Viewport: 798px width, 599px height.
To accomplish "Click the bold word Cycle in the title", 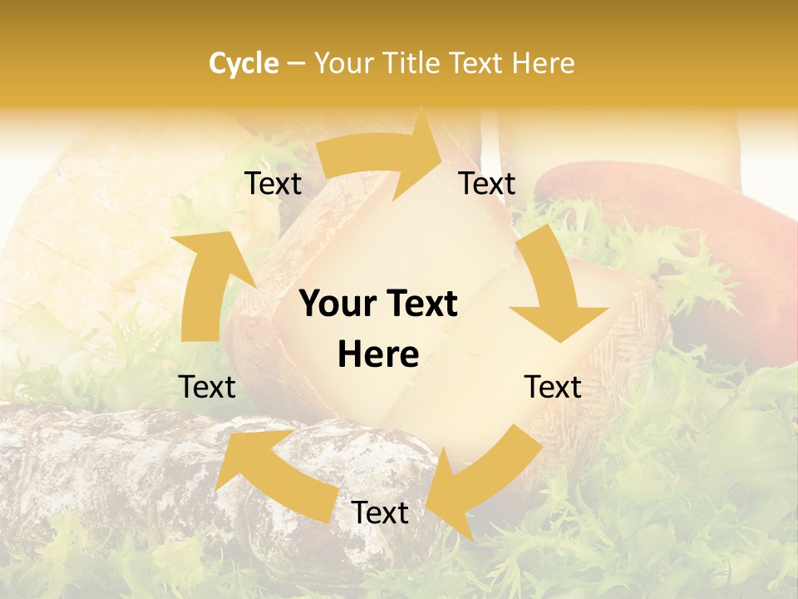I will (244, 63).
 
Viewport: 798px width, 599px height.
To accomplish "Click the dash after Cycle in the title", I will (296, 64).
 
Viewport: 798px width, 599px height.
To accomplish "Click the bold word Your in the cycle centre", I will (340, 304).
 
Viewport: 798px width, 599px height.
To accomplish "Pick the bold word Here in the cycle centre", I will (378, 355).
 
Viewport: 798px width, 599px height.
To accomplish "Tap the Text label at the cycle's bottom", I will (380, 512).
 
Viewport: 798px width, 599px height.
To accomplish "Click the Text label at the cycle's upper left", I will (273, 183).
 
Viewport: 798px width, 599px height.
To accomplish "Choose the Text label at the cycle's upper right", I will (487, 183).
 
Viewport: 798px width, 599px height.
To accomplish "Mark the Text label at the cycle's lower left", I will (207, 387).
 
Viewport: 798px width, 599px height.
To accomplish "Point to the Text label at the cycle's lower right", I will (553, 387).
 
